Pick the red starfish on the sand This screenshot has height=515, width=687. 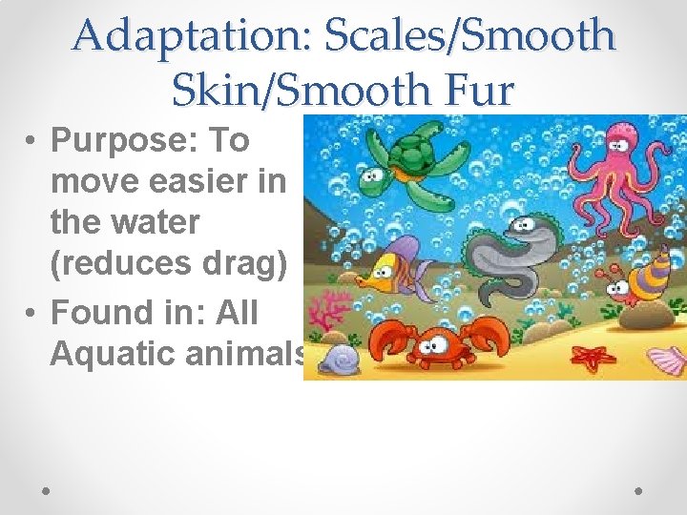pyautogui.click(x=596, y=357)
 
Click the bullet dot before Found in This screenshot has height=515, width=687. pyautogui.click(x=32, y=313)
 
